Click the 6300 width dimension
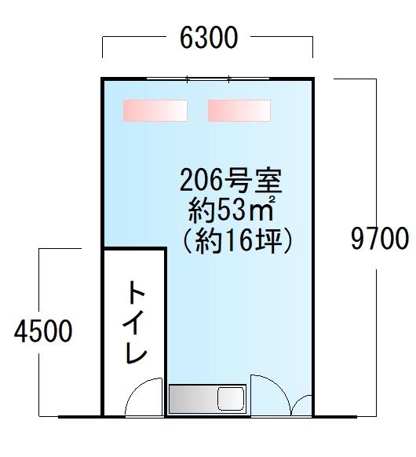point(209,38)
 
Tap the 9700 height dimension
point(380,239)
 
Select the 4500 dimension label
point(43,331)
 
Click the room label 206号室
point(231,181)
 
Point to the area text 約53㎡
point(232,210)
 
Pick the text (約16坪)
point(236,241)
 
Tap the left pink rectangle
point(155,111)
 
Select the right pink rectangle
point(239,111)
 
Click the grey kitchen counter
point(208,399)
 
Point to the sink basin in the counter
point(231,398)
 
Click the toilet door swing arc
point(137,388)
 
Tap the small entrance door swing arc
point(297,400)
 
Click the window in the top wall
point(208,79)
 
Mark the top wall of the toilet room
point(134,249)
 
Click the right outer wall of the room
point(313,247)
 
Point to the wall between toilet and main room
point(166,332)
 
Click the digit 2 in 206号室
point(187,181)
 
